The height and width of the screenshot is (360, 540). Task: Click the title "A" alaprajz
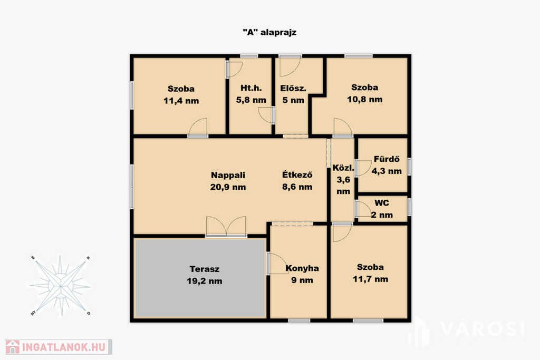tap(269, 32)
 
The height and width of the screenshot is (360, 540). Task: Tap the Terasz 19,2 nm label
tap(205, 275)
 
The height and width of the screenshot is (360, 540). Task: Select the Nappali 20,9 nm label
tap(228, 181)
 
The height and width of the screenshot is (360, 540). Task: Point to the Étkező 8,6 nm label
tap(297, 181)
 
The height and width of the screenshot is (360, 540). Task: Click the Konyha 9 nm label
tap(302, 274)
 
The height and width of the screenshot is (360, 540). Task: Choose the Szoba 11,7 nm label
tap(370, 273)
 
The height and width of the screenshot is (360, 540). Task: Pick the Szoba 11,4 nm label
tap(181, 95)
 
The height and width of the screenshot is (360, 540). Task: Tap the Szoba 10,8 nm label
tap(365, 93)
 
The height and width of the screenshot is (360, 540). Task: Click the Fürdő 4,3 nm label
tap(387, 165)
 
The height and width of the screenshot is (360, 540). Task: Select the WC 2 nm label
tap(382, 209)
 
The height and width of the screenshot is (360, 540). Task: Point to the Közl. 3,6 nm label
tap(343, 180)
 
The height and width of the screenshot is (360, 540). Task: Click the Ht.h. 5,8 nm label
tap(251, 94)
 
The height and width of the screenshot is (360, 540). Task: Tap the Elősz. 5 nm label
tap(293, 94)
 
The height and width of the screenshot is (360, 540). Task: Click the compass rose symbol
tap(60, 286)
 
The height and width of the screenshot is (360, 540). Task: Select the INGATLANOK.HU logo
tap(59, 347)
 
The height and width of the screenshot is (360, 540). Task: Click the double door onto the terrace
tap(226, 227)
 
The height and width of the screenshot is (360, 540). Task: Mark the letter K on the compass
tap(88, 258)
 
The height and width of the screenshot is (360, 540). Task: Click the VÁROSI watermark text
tap(482, 329)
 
